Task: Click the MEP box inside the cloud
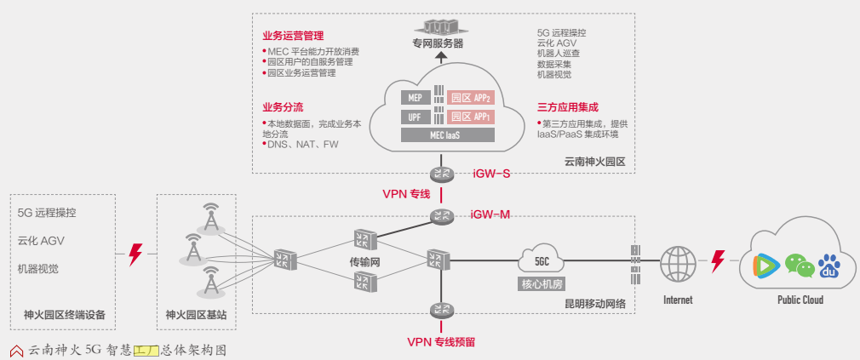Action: coord(416,97)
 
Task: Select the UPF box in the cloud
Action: coord(416,117)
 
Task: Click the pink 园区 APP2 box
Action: coord(470,97)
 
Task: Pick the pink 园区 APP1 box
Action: coord(470,117)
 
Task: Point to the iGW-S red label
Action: coord(491,174)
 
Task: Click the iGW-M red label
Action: coord(490,214)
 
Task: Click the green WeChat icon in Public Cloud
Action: coord(794,266)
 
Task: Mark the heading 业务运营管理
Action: coord(293,37)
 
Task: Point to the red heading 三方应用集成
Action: coord(568,108)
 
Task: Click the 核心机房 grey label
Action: coord(542,283)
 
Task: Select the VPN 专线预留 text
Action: coord(440,342)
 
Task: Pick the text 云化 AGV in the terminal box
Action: coord(41,241)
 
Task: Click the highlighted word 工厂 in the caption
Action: coord(146,349)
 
